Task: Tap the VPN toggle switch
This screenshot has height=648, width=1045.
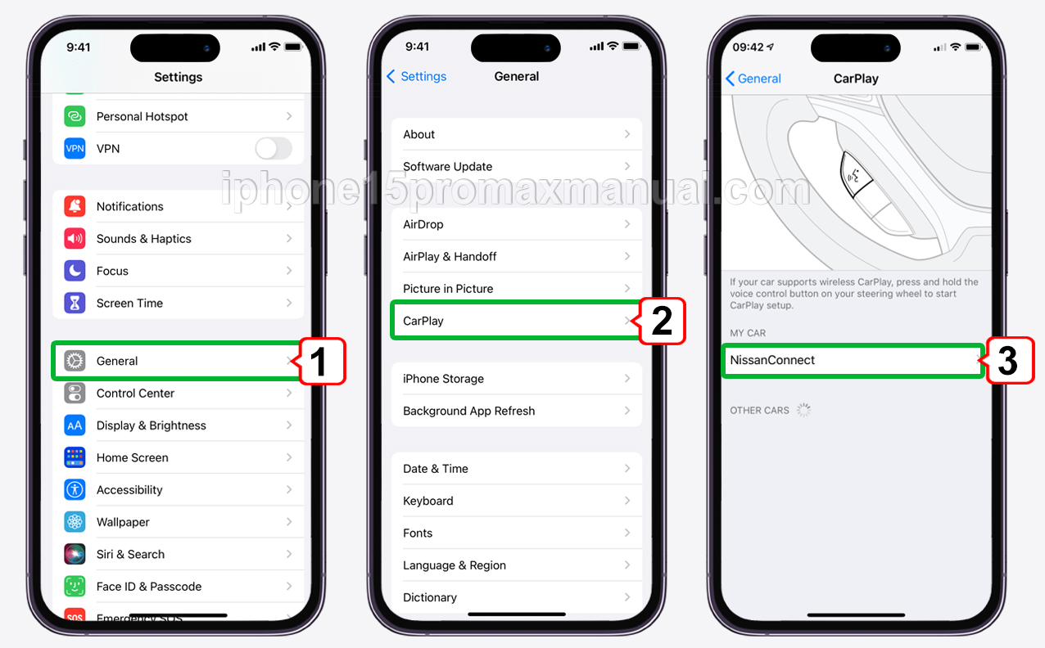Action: click(x=274, y=149)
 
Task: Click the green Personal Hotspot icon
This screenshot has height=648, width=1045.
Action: click(x=75, y=116)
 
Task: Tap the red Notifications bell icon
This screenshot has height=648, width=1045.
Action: click(x=75, y=206)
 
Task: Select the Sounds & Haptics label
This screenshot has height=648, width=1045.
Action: click(x=143, y=239)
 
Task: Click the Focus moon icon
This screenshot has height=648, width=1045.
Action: click(x=75, y=271)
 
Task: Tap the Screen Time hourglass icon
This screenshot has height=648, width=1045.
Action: click(x=75, y=303)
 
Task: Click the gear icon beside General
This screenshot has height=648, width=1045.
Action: click(x=75, y=361)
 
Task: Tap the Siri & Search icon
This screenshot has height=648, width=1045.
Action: click(x=75, y=554)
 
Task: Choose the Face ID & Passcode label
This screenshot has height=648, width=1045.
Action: click(x=149, y=587)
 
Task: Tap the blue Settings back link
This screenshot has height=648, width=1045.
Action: click(x=417, y=76)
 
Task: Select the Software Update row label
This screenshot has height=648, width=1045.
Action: click(x=447, y=166)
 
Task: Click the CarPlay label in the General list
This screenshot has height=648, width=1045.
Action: click(x=423, y=321)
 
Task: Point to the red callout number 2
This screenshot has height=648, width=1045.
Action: click(x=662, y=322)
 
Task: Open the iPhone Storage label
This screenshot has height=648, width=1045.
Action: click(x=443, y=379)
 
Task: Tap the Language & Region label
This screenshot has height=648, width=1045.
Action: click(x=455, y=565)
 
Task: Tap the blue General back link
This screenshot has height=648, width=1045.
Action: click(x=753, y=79)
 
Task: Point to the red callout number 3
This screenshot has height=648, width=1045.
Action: click(x=1010, y=361)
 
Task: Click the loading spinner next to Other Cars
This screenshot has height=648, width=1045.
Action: click(x=803, y=410)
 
